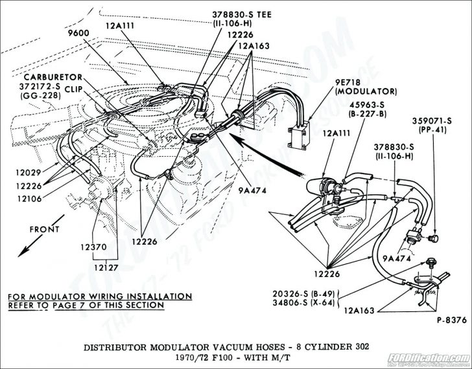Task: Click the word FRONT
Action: (x=44, y=229)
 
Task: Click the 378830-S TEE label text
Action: (x=241, y=14)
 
